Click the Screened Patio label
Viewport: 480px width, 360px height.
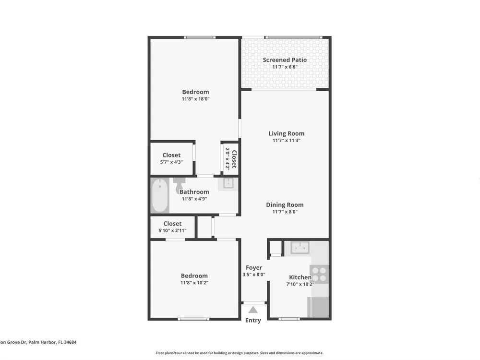pos(285,60)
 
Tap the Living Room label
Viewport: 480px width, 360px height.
pos(286,133)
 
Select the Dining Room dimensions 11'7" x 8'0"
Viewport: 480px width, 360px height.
pos(285,212)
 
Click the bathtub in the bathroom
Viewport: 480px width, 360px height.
pos(160,195)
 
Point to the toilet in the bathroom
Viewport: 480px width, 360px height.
pos(179,185)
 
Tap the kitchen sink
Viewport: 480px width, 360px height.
pos(300,247)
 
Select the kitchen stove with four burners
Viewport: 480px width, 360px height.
pos(319,274)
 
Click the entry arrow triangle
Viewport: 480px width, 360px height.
pos(253,310)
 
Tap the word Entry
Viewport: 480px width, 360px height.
pos(253,320)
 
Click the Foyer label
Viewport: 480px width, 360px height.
pos(254,268)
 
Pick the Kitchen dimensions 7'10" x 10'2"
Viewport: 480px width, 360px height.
pos(300,284)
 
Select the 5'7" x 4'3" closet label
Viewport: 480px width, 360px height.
pos(171,162)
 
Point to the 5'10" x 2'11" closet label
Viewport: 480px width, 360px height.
pos(172,230)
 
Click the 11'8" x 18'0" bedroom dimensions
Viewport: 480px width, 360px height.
pos(196,99)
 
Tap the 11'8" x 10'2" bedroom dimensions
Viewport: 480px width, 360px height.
pos(194,283)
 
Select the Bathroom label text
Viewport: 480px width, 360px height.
pos(194,192)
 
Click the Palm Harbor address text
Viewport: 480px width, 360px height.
pos(38,342)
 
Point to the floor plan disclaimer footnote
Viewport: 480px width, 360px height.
pos(240,353)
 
